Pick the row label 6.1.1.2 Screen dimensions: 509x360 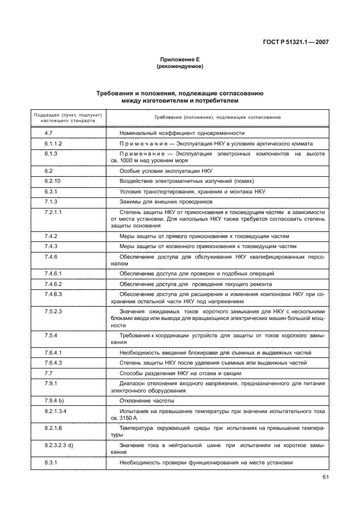point(53,143)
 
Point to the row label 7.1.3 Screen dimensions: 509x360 point(51,201)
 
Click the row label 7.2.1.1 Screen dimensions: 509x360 point(53,212)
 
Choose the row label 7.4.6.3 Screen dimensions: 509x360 point(53,293)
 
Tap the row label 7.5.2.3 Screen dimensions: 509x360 point(53,311)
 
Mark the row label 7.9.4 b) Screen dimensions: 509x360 point(54,401)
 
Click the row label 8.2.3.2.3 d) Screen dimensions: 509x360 point(60,444)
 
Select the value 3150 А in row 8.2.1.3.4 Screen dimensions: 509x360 point(131,418)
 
